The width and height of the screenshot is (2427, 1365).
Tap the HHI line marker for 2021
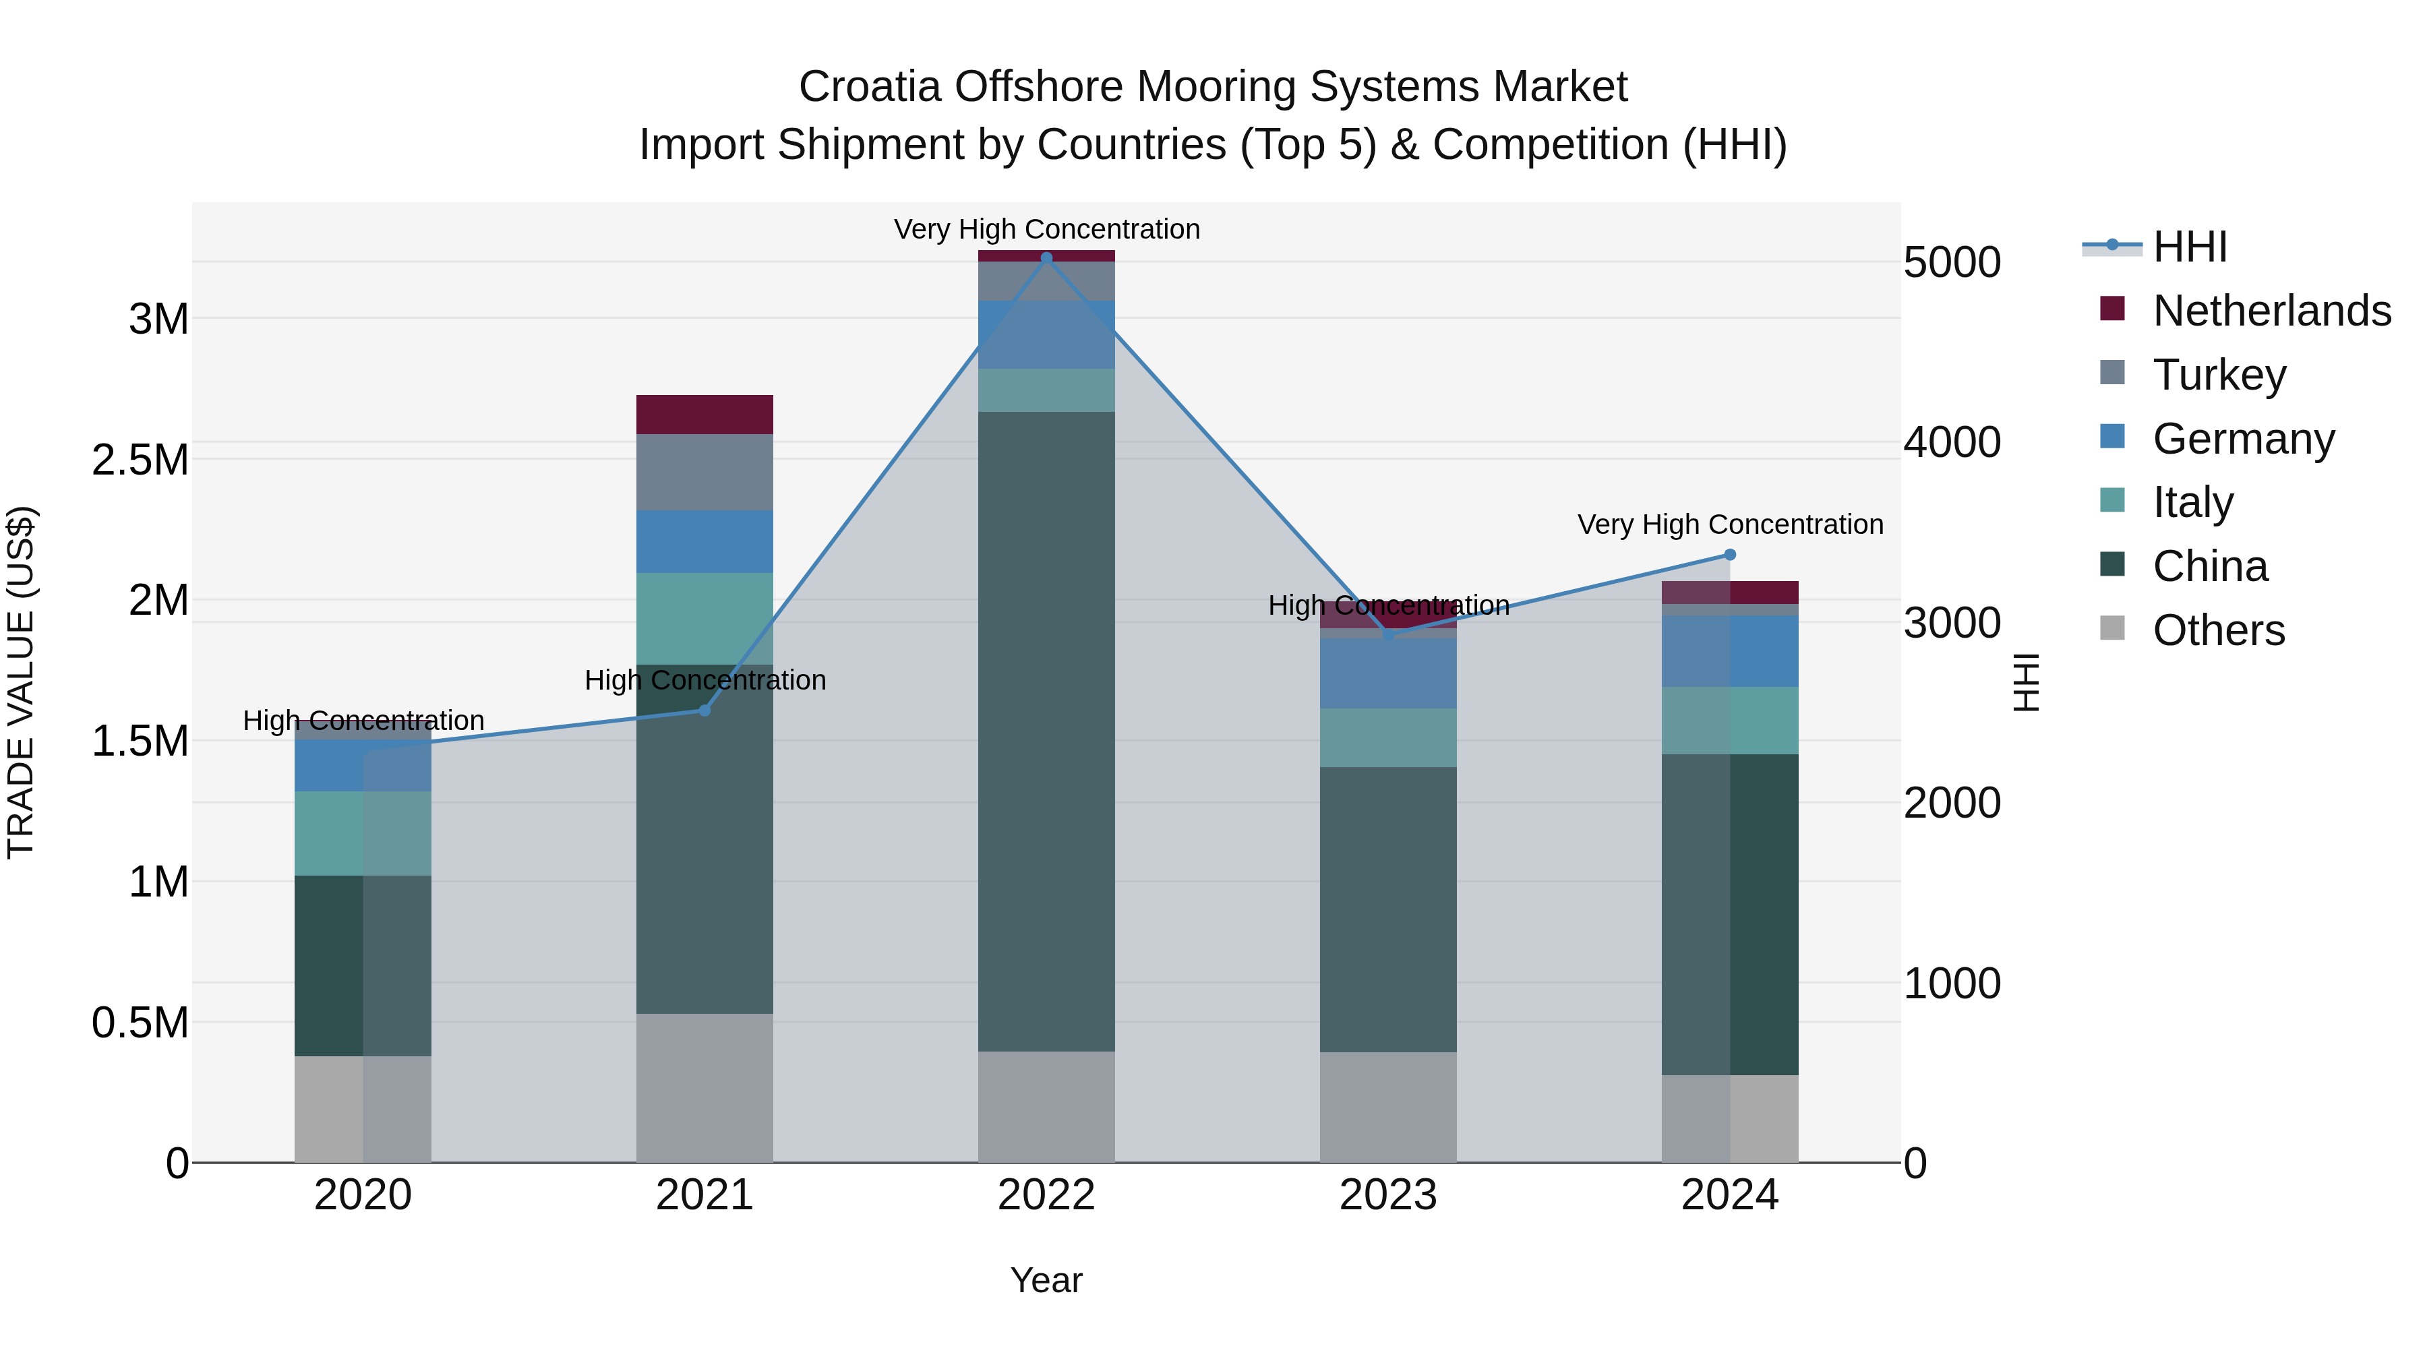pyautogui.click(x=704, y=710)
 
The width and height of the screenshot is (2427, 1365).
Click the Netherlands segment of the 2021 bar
pyautogui.click(x=704, y=415)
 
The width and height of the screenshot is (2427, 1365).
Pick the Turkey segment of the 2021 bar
pyautogui.click(x=704, y=472)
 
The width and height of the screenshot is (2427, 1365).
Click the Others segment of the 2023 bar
pyautogui.click(x=1388, y=1107)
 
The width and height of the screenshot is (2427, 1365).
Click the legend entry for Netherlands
pyautogui.click(x=2271, y=311)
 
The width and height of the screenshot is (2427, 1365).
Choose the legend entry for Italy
pyautogui.click(x=2192, y=502)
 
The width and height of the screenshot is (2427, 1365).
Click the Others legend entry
pyautogui.click(x=2218, y=630)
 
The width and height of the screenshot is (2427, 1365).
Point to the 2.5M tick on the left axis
pyautogui.click(x=140, y=460)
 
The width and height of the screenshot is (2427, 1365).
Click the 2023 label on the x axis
pyautogui.click(x=1388, y=1195)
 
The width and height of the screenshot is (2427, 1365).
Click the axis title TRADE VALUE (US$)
pyautogui.click(x=21, y=682)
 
